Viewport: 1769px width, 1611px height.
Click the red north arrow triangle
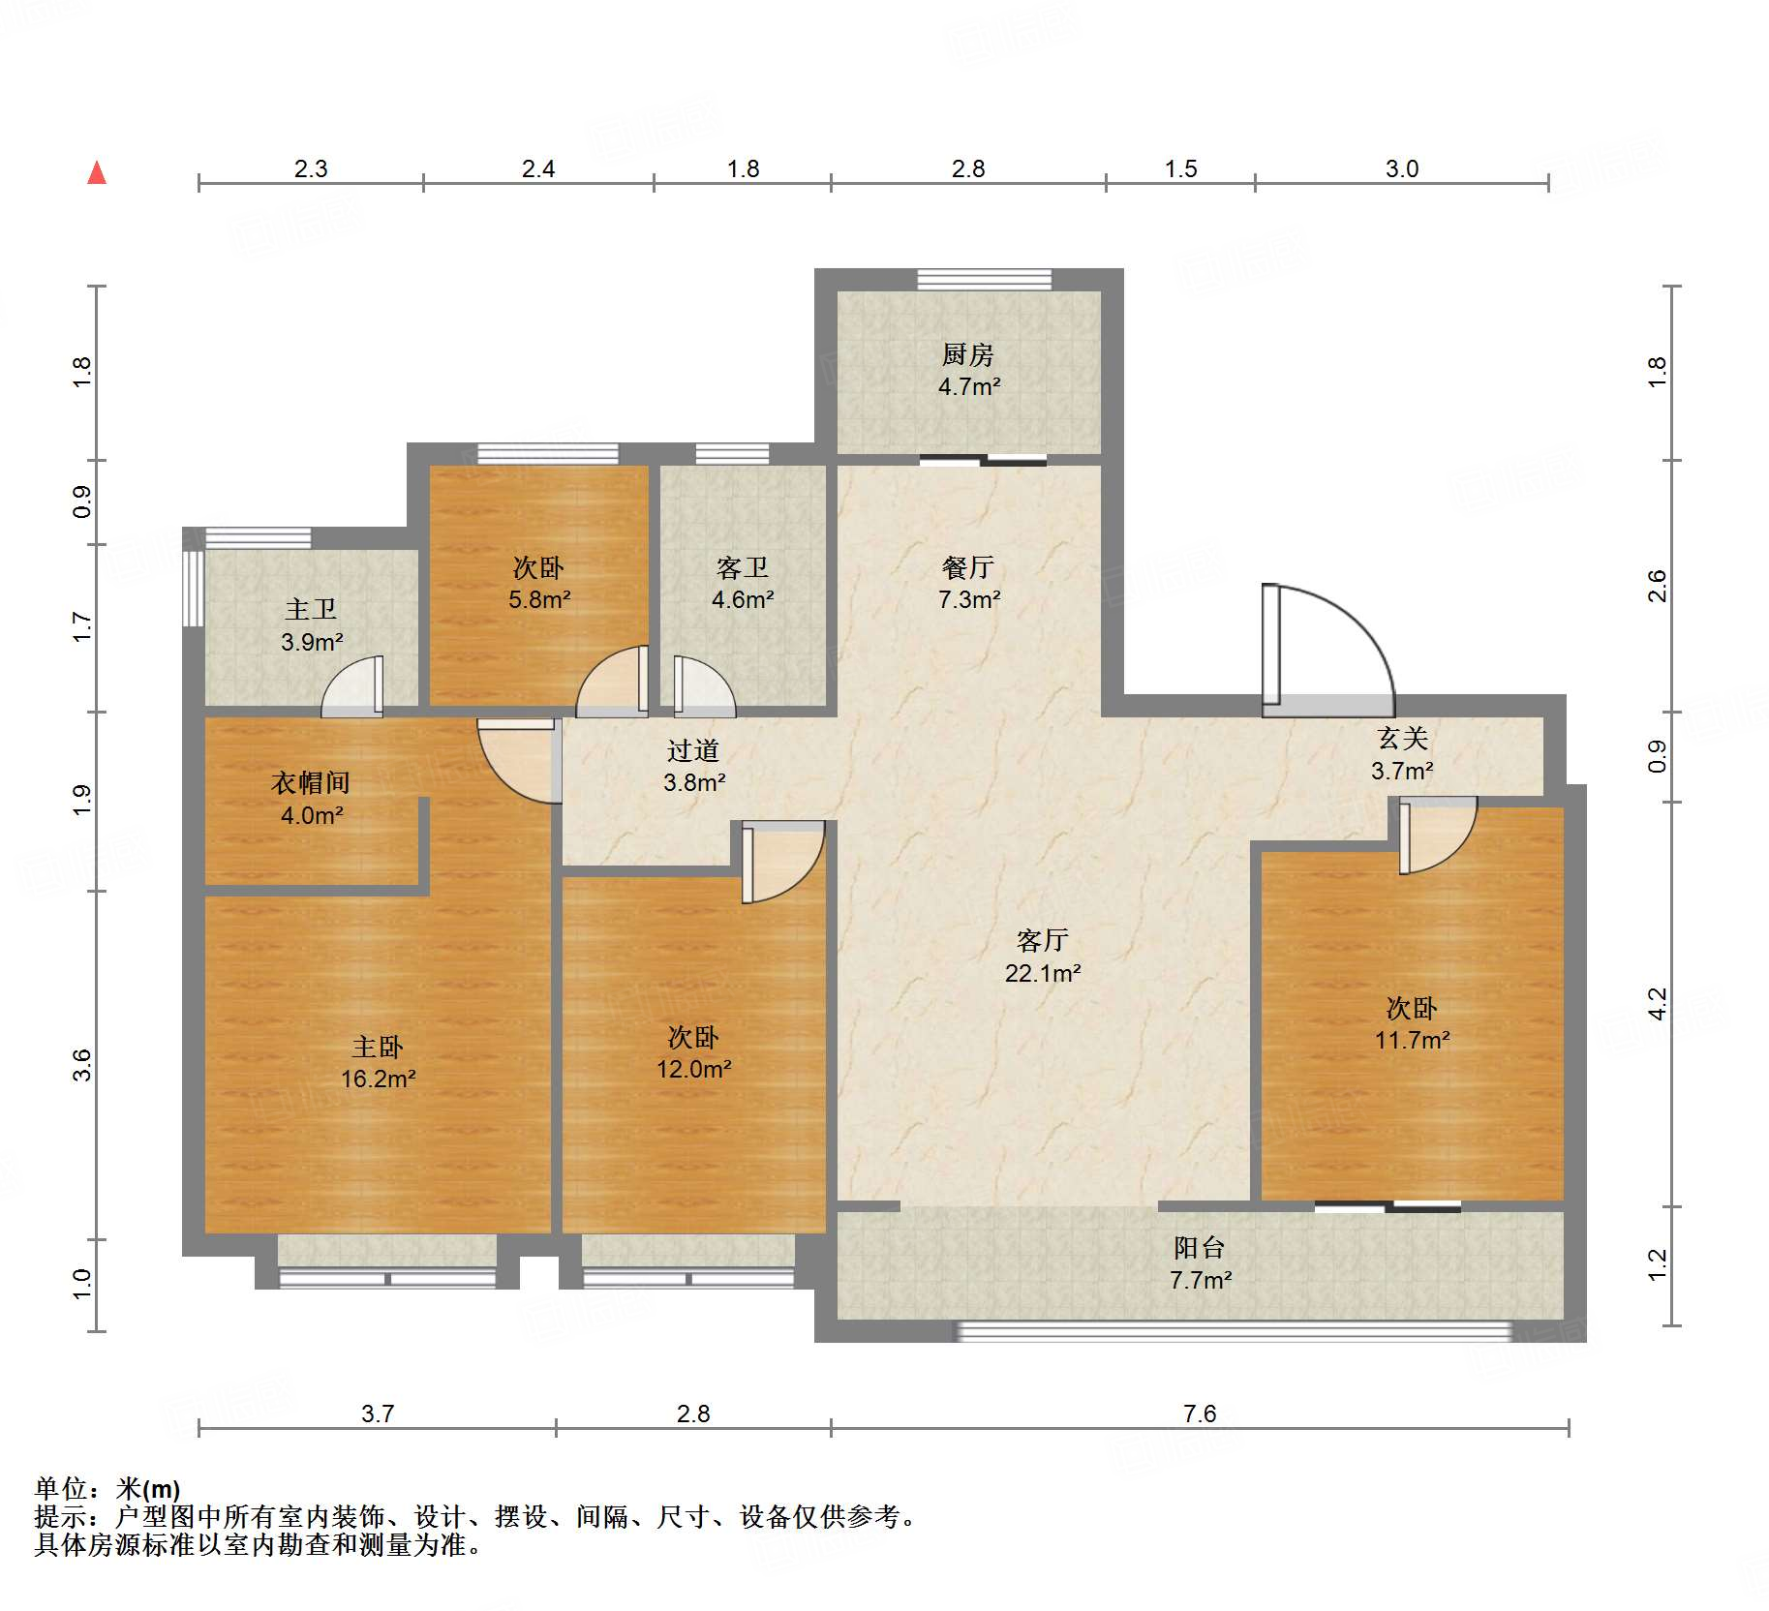97,172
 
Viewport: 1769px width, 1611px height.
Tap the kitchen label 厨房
968,355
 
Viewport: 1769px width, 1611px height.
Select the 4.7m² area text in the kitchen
968,386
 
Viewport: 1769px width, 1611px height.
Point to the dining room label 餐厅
968,568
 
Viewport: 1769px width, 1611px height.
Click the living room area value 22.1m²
1043,973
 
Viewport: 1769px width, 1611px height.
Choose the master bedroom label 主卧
378,1047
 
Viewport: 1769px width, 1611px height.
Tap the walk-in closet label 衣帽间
311,782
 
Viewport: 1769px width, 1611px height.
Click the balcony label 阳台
1200,1248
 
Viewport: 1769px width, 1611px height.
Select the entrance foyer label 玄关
1403,739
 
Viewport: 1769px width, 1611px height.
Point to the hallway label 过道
693,750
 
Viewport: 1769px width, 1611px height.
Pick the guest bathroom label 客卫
743,568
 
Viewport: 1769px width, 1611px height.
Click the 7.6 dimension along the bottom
1200,1414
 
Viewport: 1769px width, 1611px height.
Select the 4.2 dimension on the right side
1658,1004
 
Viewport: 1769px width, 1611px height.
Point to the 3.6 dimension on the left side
82,1065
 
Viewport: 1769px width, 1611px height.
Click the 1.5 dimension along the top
1181,169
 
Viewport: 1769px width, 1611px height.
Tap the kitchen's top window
984,279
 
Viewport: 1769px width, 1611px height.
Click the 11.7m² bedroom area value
1413,1041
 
